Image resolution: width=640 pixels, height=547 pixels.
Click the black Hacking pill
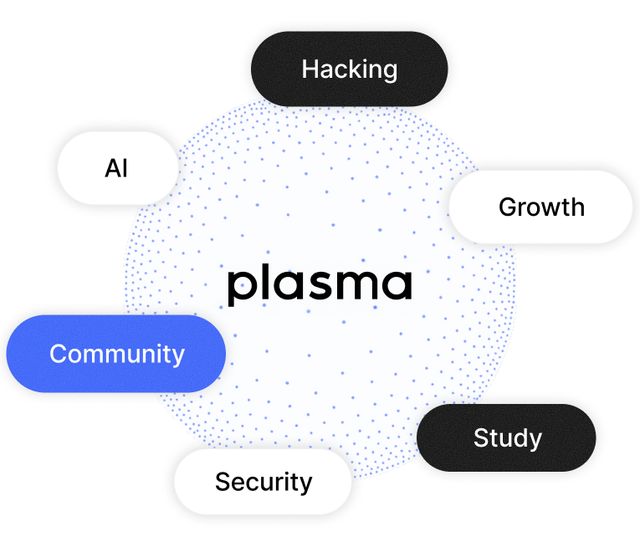click(350, 69)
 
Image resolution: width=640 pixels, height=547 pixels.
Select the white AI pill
click(117, 168)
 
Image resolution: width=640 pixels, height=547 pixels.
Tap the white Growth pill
click(541, 207)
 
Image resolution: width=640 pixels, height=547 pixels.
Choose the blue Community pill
click(116, 354)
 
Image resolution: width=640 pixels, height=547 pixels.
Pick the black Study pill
click(507, 437)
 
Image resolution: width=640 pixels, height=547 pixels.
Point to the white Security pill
click(263, 482)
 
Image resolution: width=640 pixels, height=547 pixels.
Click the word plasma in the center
click(320, 285)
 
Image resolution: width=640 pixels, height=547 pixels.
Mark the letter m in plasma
click(356, 285)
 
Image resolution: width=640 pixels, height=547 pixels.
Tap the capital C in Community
click(59, 354)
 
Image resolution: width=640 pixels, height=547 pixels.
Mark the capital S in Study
click(481, 437)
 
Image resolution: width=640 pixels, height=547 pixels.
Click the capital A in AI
click(112, 168)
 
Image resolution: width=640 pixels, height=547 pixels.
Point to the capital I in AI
click(125, 168)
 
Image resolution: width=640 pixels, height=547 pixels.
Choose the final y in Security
click(305, 484)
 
